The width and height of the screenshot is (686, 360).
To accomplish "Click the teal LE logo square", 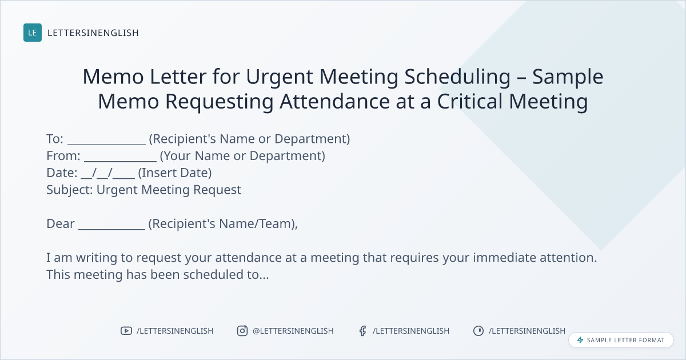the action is click(x=33, y=33).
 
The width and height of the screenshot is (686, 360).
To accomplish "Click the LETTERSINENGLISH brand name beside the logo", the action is click(x=93, y=33).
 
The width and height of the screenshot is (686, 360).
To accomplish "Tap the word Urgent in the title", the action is click(x=280, y=77).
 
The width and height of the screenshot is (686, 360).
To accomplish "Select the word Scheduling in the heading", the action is click(x=457, y=77).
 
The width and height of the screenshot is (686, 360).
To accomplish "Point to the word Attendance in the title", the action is click(x=334, y=101).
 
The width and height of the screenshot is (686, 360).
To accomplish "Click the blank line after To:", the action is click(x=106, y=144).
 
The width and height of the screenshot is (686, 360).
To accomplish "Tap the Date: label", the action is click(x=62, y=173).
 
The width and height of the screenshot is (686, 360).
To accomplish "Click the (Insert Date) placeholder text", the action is click(x=175, y=173).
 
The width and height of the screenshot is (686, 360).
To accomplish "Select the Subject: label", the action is click(x=70, y=190).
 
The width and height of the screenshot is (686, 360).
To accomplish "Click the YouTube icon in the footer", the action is click(x=126, y=331).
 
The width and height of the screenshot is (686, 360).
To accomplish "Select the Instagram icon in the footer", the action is click(x=242, y=331).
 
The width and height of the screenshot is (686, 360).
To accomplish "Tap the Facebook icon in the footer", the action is click(x=362, y=331).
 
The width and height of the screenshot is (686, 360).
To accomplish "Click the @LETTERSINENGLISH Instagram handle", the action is click(x=293, y=331).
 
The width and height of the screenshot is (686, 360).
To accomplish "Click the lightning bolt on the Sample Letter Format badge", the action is click(x=580, y=340).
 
